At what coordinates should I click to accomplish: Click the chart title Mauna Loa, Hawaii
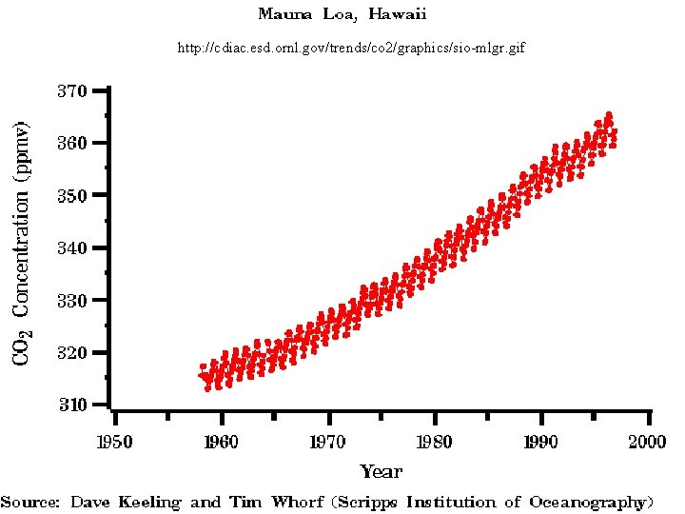click(x=342, y=14)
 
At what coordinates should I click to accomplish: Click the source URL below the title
click(x=351, y=47)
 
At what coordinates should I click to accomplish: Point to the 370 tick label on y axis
click(x=72, y=91)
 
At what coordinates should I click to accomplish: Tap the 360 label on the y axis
click(x=72, y=144)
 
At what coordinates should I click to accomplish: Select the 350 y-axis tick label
click(x=72, y=196)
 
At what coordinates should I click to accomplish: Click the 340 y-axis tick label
click(x=72, y=248)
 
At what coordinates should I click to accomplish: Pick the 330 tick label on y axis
click(x=72, y=301)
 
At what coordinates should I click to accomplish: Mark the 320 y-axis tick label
click(x=72, y=353)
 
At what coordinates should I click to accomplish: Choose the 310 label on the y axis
click(x=72, y=405)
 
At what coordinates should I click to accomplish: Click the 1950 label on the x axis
click(x=114, y=444)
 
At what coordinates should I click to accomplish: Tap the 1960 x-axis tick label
click(x=222, y=444)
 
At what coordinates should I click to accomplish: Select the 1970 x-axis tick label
click(x=328, y=444)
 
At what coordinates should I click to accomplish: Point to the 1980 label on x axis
click(x=435, y=444)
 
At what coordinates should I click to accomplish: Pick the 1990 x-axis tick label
click(x=542, y=444)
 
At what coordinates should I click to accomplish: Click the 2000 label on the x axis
click(x=649, y=444)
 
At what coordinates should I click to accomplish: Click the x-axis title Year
click(x=381, y=471)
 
